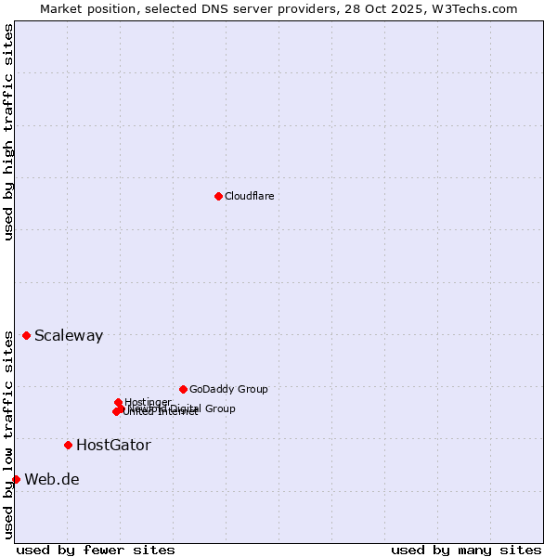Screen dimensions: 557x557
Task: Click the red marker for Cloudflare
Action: coord(218,196)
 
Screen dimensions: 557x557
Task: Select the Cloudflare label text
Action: coord(249,196)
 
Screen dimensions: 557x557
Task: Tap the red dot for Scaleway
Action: coord(26,335)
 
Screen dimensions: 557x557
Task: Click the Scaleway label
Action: coord(69,336)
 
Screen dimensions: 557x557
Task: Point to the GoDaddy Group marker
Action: coord(183,389)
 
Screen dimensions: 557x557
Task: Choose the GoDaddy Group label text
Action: coord(228,389)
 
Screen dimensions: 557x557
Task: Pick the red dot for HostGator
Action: coord(68,445)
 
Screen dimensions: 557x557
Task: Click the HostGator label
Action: coord(113,446)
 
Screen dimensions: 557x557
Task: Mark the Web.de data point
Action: coord(16,479)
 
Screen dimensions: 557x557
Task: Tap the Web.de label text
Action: coord(52,480)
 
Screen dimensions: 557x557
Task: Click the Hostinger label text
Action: coord(148,401)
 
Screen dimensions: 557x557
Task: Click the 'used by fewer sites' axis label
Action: coord(96,550)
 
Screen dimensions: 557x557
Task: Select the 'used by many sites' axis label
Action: coord(466,550)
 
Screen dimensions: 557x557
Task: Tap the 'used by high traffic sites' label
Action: coord(8,132)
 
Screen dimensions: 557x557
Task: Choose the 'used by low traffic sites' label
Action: coord(8,434)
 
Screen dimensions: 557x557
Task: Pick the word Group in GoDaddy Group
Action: coord(253,389)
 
